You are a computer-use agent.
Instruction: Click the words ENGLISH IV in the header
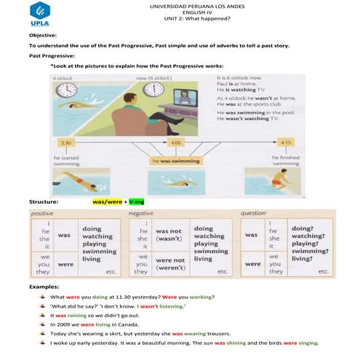click(x=180, y=12)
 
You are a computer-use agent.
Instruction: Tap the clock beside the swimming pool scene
click(x=67, y=89)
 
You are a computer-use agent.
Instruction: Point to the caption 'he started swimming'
click(x=68, y=160)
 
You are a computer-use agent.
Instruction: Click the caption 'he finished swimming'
click(x=285, y=160)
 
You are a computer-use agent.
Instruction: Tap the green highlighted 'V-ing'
click(x=137, y=200)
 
